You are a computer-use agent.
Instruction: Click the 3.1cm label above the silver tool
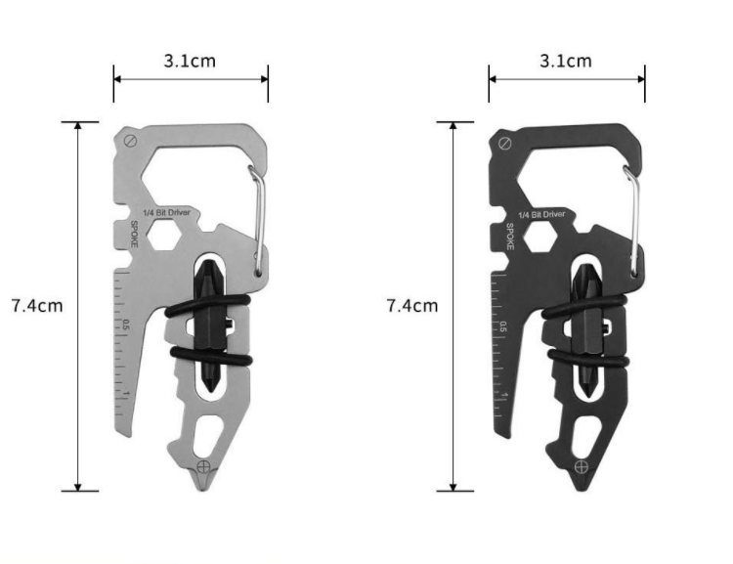tap(190, 61)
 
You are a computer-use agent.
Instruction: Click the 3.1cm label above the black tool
tap(566, 61)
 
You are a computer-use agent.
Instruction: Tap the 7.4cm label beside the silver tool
tap(37, 306)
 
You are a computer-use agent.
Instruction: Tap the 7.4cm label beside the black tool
tap(412, 306)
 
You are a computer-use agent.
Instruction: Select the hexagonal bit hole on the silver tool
tap(164, 235)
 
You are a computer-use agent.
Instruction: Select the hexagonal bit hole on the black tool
tap(539, 237)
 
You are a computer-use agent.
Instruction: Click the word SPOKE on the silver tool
tap(134, 234)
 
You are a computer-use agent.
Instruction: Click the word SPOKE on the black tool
tap(509, 237)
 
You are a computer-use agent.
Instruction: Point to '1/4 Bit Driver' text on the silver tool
tap(166, 213)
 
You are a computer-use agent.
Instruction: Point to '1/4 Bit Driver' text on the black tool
tap(541, 215)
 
